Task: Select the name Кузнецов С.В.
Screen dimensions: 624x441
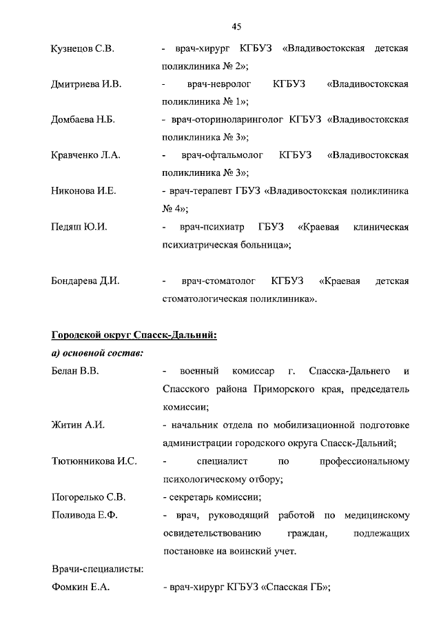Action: click(83, 49)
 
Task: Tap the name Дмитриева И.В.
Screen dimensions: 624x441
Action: click(86, 84)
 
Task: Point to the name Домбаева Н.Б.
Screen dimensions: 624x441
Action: click(83, 119)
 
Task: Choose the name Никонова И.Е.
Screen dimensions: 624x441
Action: click(83, 191)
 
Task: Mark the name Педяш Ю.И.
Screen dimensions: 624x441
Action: click(79, 226)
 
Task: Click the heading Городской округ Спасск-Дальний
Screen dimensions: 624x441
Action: click(134, 336)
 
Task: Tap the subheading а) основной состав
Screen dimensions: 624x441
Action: click(97, 354)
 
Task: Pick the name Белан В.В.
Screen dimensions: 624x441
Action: click(76, 372)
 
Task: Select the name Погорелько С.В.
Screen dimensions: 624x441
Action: click(88, 496)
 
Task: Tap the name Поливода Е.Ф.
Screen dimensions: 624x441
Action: click(85, 514)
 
